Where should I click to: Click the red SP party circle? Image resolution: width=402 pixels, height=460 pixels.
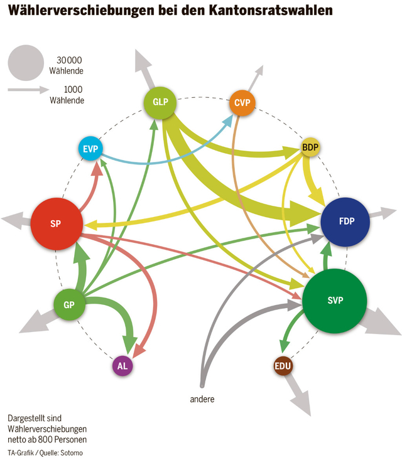56,223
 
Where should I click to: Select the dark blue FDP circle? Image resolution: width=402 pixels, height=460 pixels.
346,222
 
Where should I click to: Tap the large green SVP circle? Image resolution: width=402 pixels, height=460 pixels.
335,301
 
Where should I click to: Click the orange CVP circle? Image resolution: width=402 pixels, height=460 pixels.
242,103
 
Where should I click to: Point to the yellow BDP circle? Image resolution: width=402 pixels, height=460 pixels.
310,147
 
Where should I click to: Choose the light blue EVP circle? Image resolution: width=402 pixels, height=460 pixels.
91,149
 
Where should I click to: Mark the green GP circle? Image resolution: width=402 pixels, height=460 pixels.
69,305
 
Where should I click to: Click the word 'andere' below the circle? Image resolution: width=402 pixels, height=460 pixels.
203,398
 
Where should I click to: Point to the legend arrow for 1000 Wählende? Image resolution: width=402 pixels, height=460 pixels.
28,90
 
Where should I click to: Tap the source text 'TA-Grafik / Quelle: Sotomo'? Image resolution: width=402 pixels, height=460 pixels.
45,452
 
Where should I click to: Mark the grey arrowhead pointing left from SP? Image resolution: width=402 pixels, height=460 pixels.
11,219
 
